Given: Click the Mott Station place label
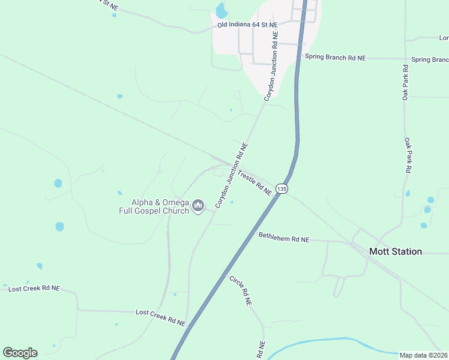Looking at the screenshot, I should tap(395, 251).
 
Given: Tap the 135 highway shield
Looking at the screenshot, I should tap(283, 189).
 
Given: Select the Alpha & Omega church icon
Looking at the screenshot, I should tap(198, 207).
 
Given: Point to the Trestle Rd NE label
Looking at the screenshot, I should tap(255, 182).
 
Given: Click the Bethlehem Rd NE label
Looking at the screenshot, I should tap(283, 238).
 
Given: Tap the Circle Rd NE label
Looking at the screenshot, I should tap(239, 290).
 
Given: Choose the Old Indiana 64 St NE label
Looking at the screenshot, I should tap(248, 25).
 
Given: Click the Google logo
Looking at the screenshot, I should tap(20, 353).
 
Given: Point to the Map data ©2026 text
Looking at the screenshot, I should tap(423, 355).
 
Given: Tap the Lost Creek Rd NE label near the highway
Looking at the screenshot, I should tap(160, 317).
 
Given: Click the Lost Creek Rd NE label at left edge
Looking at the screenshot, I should tap(34, 289).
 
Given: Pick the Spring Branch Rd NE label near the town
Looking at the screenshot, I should tap(335, 58).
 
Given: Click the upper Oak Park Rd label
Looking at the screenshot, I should tap(406, 85).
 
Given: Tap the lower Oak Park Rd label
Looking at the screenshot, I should tap(407, 156).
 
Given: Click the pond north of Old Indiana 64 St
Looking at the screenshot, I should tap(221, 10).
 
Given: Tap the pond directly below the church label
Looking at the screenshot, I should tap(59, 226).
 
